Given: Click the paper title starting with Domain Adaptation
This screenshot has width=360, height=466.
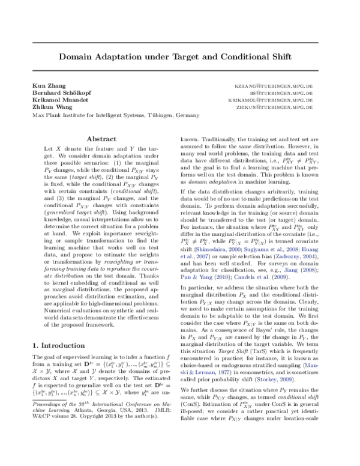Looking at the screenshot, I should click(x=180, y=58).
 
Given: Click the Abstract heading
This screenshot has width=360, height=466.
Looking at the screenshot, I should click(x=101, y=139).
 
